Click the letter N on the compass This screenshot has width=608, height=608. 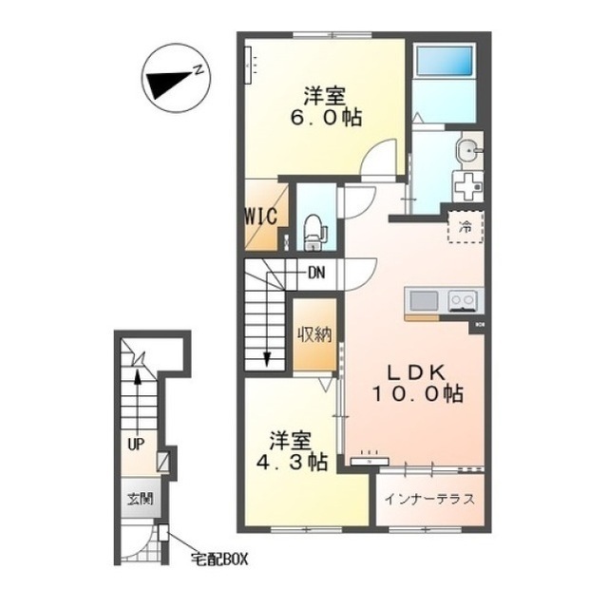pyautogui.click(x=199, y=69)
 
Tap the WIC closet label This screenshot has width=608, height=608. pyautogui.click(x=261, y=217)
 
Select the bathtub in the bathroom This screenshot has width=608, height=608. pyautogui.click(x=445, y=61)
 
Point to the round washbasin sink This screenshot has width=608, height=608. pyautogui.click(x=469, y=149)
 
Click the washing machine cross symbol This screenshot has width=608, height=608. pyautogui.click(x=468, y=186)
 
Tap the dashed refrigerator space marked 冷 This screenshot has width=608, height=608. pyautogui.click(x=465, y=227)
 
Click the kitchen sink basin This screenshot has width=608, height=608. pyautogui.click(x=424, y=300)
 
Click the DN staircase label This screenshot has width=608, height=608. pyautogui.click(x=316, y=274)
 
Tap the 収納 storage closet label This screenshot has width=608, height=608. pyautogui.click(x=314, y=334)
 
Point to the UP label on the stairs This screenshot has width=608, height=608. pyautogui.click(x=136, y=444)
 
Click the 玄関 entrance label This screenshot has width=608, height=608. pyautogui.click(x=141, y=499)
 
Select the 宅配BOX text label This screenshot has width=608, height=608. pyautogui.click(x=219, y=559)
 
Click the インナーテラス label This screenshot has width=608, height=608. pyautogui.click(x=429, y=499)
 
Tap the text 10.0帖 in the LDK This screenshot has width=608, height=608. pyautogui.click(x=418, y=393)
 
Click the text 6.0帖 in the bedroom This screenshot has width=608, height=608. pyautogui.click(x=326, y=117)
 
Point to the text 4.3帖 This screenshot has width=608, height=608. pyautogui.click(x=293, y=463)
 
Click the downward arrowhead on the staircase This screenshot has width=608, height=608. pyautogui.click(x=267, y=359)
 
